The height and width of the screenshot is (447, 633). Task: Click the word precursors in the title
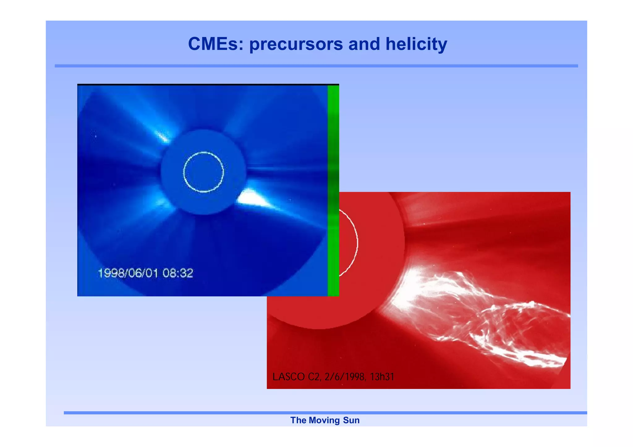296,44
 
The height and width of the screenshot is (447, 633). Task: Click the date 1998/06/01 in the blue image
128,273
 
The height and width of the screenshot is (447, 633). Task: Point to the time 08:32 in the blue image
178,273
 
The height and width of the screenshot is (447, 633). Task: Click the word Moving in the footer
324,420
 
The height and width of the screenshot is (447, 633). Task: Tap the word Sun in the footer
351,420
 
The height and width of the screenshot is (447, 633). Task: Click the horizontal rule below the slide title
316,66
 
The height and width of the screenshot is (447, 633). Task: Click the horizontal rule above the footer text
325,413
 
